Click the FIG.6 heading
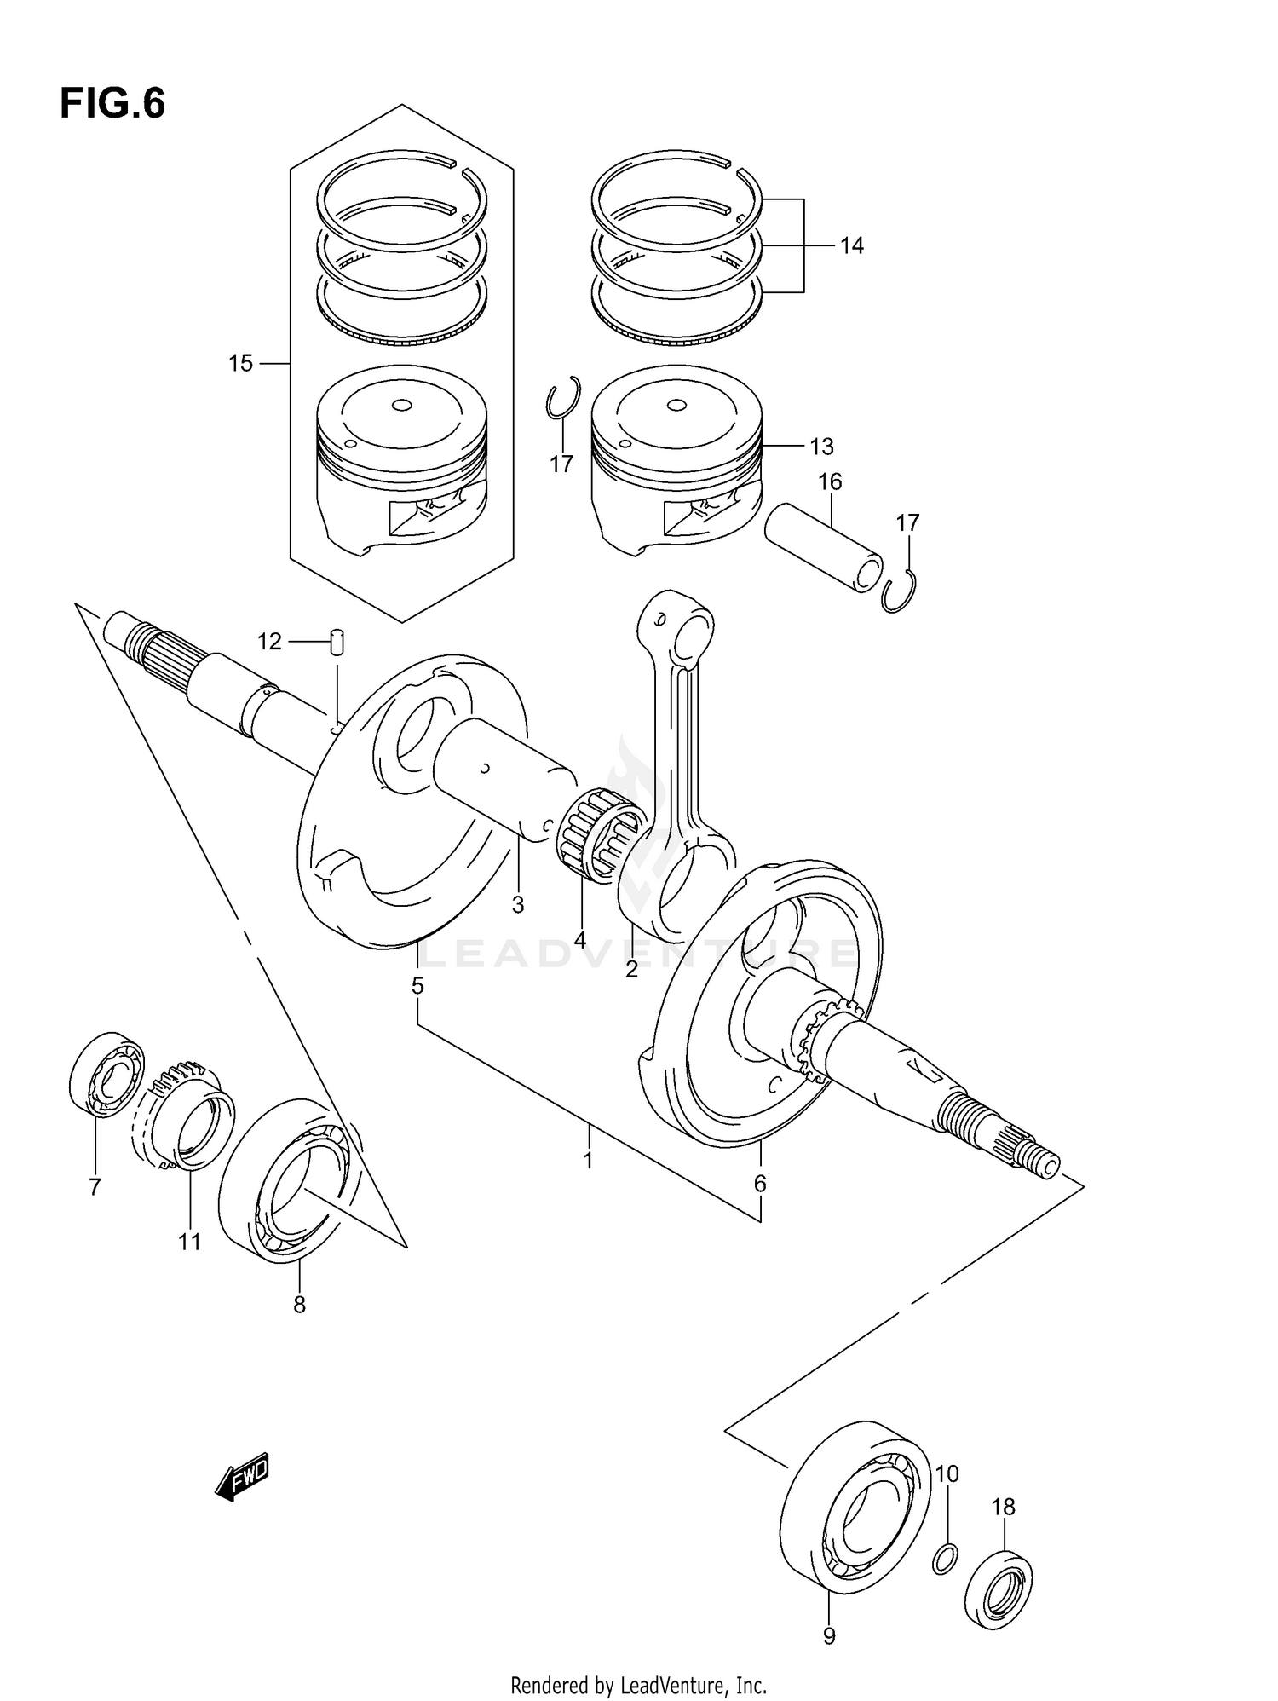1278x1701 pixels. point(112,104)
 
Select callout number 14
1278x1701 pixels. point(851,246)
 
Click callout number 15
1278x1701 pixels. point(240,364)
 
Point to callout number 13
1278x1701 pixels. point(821,447)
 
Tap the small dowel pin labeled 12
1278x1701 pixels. point(337,642)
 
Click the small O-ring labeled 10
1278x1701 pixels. point(945,1559)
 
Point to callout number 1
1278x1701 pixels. point(587,1160)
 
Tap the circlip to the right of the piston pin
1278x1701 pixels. point(900,590)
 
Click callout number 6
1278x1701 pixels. point(760,1184)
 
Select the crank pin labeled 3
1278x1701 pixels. point(503,776)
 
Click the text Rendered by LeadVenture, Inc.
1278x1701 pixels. point(638,1685)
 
